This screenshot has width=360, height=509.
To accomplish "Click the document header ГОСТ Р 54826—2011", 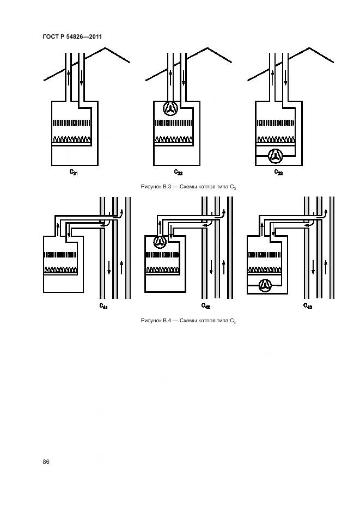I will (72, 37).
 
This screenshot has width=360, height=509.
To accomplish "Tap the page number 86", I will (46, 462).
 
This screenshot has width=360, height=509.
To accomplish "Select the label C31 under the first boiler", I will (73, 173).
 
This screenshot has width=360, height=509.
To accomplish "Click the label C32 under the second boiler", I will (178, 173).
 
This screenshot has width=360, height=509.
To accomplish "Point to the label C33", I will (278, 173).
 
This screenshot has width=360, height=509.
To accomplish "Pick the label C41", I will (103, 306).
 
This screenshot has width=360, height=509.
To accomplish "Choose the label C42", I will (206, 306).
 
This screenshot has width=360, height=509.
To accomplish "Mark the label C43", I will (308, 306).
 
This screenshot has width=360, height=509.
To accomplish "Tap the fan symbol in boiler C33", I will (274, 156).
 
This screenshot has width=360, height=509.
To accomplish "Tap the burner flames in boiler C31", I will (71, 139).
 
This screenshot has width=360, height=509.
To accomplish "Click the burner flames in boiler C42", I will (164, 269).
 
